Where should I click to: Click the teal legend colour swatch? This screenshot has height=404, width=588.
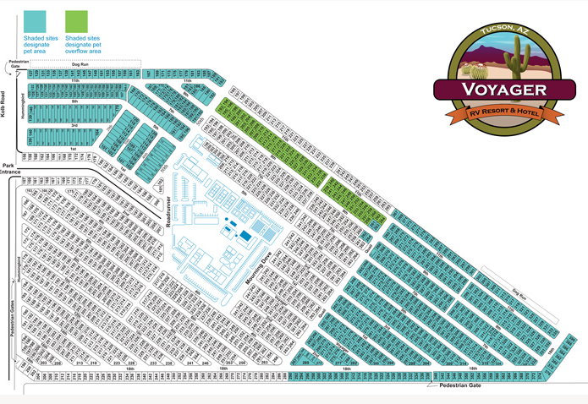click(35, 21)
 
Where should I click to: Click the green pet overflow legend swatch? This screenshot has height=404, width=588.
click(76, 21)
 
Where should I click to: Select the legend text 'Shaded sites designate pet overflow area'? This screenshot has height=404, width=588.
click(85, 45)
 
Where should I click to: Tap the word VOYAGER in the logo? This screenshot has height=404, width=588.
click(503, 90)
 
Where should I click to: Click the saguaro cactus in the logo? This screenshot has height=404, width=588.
click(517, 62)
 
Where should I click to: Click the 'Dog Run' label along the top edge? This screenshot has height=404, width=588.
click(80, 64)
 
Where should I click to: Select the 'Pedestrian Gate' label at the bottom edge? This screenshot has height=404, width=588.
click(457, 385)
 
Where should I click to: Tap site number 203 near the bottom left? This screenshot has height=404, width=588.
click(43, 363)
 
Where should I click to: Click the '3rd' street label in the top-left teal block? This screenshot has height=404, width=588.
click(74, 125)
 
